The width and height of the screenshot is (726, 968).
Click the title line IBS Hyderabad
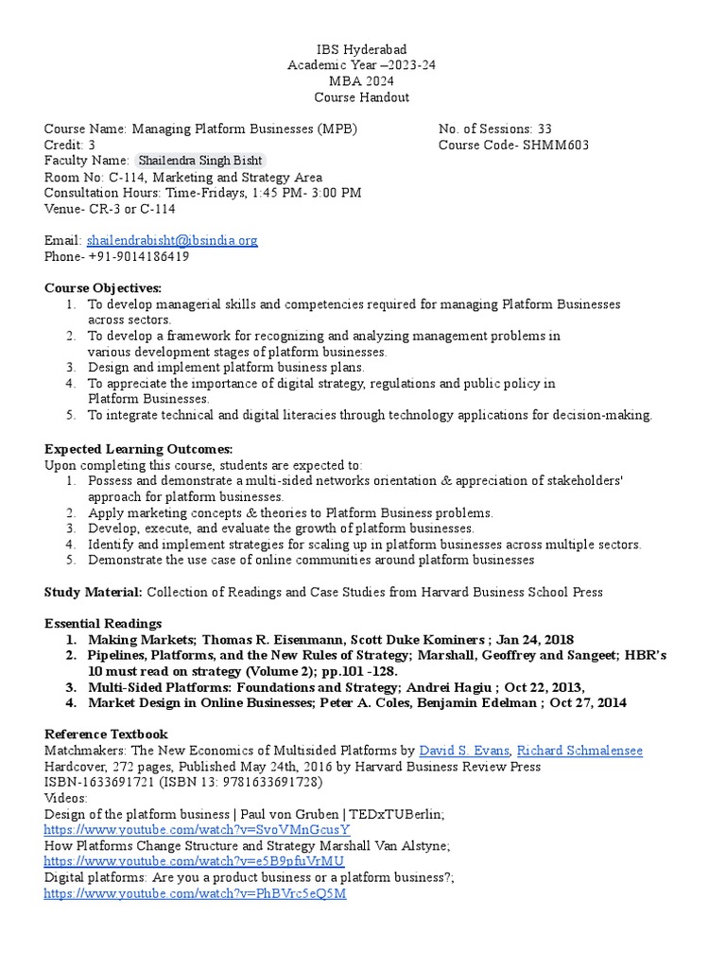(362, 48)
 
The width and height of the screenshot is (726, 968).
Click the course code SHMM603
(550, 145)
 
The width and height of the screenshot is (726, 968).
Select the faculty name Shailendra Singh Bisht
(199, 161)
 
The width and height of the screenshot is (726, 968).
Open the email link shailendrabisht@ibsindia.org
(171, 240)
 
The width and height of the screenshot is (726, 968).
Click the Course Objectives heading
(103, 287)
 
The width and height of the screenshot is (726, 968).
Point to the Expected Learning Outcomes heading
(138, 448)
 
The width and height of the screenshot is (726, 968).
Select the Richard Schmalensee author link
(579, 751)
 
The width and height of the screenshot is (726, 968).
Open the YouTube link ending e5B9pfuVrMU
(194, 861)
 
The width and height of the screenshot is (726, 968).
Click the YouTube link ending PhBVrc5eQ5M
(195, 893)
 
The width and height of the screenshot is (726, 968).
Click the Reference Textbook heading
(106, 735)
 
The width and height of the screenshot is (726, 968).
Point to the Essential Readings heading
(103, 623)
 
